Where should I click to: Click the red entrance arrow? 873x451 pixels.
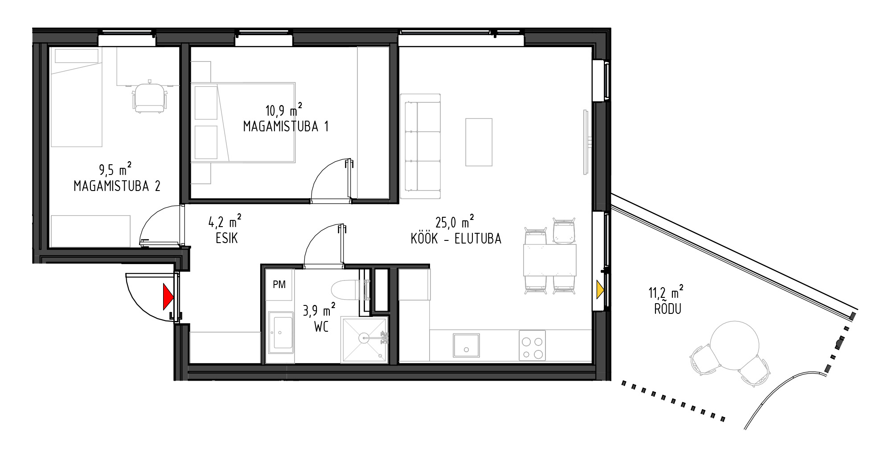click(167, 297)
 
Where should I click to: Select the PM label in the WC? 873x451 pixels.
click(279, 284)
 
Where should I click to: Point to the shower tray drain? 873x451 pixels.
click(365, 338)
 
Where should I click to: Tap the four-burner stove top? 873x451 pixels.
click(533, 345)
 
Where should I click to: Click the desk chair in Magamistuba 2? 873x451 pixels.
click(149, 97)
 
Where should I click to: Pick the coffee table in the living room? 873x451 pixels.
click(479, 142)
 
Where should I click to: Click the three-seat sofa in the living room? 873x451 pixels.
click(421, 146)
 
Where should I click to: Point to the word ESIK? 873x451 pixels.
click(226, 239)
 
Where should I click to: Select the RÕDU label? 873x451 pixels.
click(668, 309)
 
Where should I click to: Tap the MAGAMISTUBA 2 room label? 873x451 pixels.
click(117, 186)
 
